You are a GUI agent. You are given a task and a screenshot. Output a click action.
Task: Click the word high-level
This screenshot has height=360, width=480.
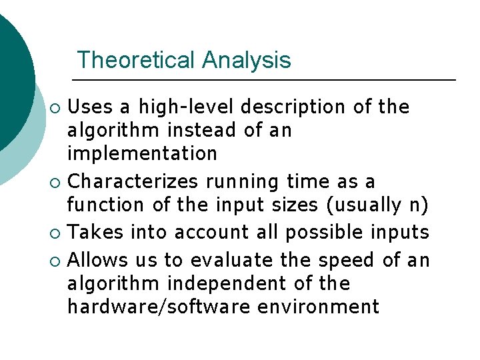(186, 107)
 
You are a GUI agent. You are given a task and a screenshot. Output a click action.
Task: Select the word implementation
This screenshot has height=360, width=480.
(142, 153)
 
